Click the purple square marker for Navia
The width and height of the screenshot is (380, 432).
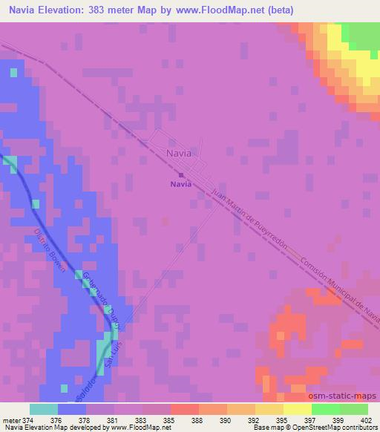click(x=181, y=175)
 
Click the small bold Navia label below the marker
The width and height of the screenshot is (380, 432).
click(x=181, y=185)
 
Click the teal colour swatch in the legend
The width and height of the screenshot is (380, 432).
click(x=44, y=409)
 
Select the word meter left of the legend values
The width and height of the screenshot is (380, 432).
click(x=10, y=420)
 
